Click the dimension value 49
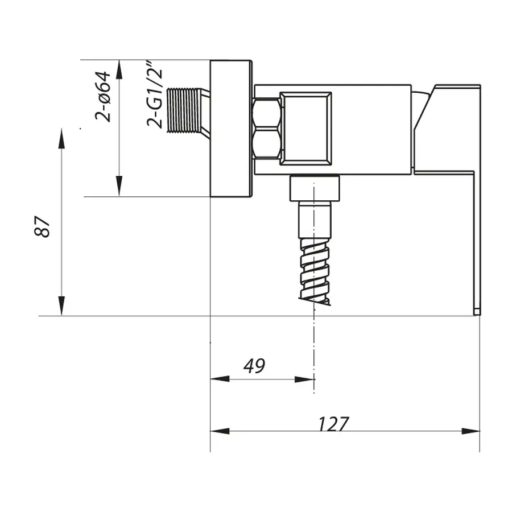(254, 366)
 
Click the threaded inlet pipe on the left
(183, 110)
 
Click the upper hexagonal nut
(266, 114)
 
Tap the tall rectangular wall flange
(230, 129)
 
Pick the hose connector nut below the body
(315, 188)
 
